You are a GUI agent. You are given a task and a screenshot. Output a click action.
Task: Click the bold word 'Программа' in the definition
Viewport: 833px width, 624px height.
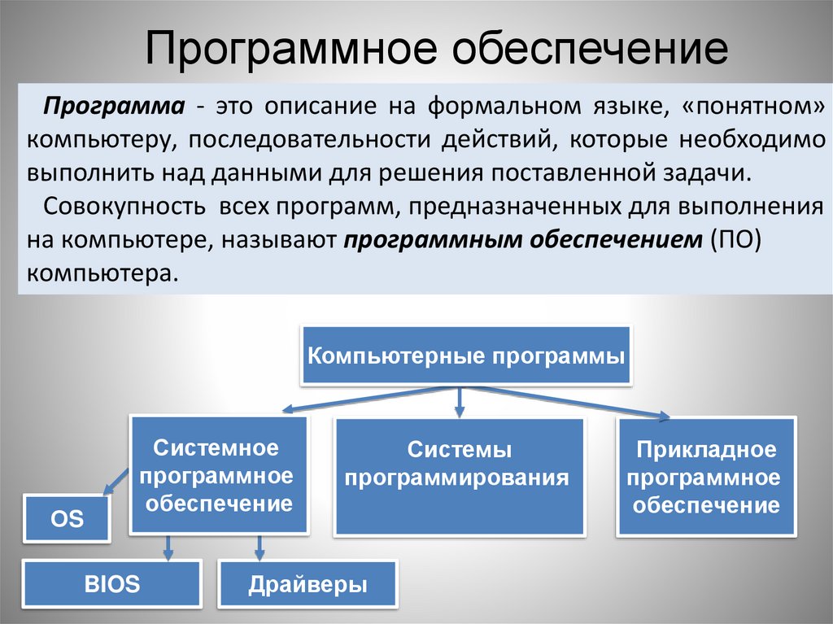113,106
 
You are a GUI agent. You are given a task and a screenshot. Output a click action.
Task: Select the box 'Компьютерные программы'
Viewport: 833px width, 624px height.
466,356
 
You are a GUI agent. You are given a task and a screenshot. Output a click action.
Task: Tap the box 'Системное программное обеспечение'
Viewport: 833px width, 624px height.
219,475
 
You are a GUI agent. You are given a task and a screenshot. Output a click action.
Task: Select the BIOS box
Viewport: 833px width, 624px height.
111,583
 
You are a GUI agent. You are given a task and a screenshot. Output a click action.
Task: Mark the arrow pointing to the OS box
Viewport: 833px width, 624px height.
114,481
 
